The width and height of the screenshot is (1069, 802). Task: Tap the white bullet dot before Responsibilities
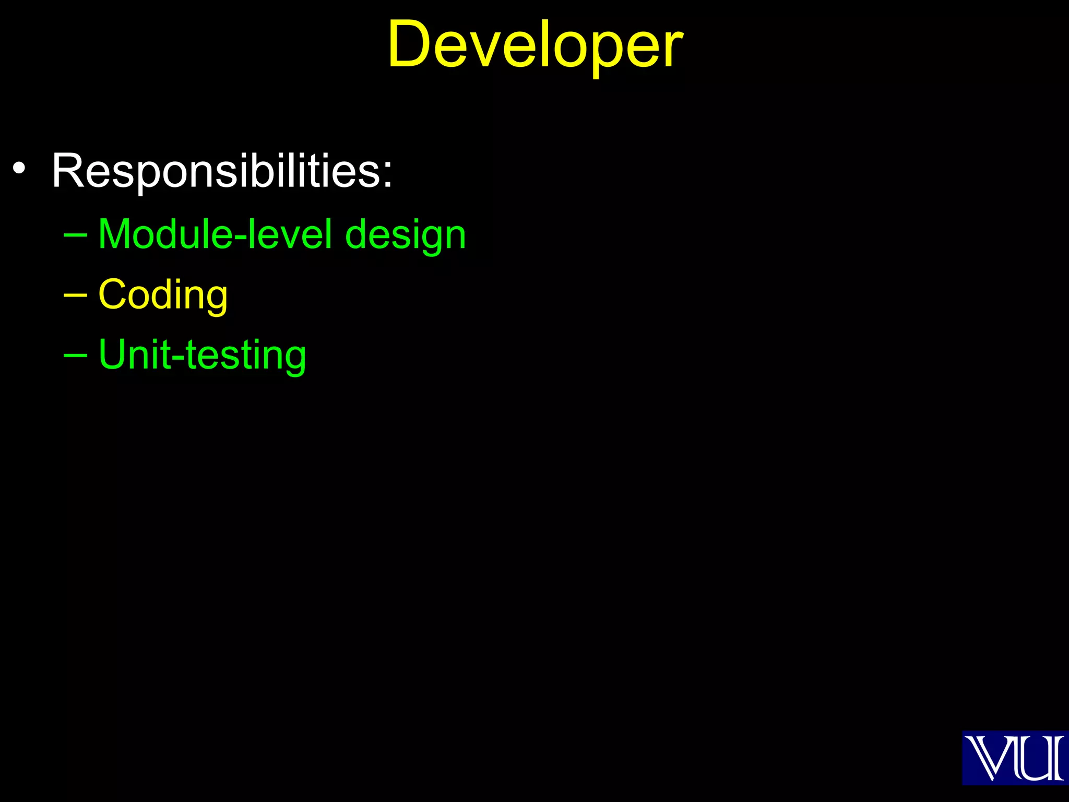[x=19, y=169]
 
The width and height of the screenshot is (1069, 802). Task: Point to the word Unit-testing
[x=202, y=356]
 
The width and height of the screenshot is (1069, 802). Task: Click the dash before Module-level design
[x=75, y=235]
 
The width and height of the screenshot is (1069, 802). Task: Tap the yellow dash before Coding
[x=75, y=296]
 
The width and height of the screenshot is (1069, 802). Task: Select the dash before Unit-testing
[x=75, y=356]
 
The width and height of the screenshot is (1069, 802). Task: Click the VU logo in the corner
[x=1015, y=758]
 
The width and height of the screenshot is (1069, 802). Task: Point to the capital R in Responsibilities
[x=67, y=171]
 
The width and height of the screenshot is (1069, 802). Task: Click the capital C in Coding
[x=114, y=294]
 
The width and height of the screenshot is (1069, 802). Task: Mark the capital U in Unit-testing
[x=113, y=355]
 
